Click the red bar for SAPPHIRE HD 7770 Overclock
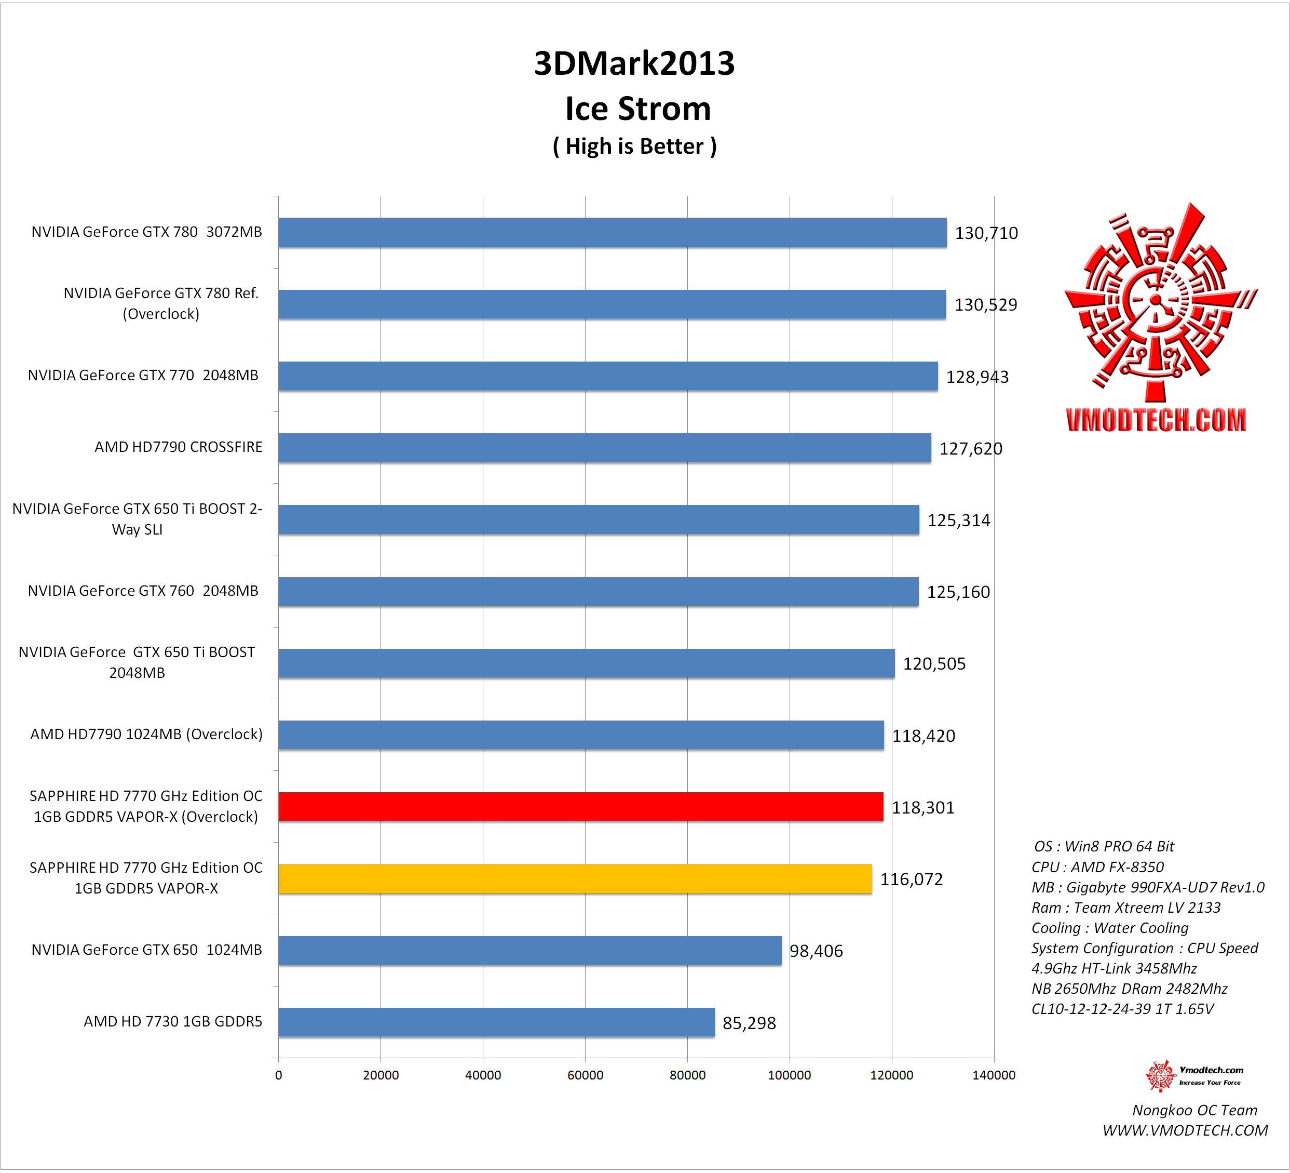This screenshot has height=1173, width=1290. pyautogui.click(x=580, y=807)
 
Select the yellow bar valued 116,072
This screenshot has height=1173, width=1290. pyautogui.click(x=575, y=878)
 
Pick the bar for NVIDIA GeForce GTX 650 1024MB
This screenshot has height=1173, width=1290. pyautogui.click(x=530, y=950)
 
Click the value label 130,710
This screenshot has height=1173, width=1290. pyautogui.click(x=986, y=233)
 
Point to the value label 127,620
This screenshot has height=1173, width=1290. pyautogui.click(x=971, y=449)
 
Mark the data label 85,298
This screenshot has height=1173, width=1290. pyautogui.click(x=749, y=1023)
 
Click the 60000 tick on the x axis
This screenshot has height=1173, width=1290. pyautogui.click(x=586, y=1075)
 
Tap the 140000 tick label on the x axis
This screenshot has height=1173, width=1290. pyautogui.click(x=994, y=1075)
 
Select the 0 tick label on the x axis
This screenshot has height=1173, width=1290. pyautogui.click(x=278, y=1075)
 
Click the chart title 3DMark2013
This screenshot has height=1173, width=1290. pyautogui.click(x=634, y=63)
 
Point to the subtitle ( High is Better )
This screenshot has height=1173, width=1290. pyautogui.click(x=634, y=146)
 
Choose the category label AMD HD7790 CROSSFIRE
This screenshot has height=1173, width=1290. pyautogui.click(x=179, y=447)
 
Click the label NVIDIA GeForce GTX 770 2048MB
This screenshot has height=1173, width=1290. pyautogui.click(x=143, y=375)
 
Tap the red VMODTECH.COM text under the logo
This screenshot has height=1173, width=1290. pyautogui.click(x=1156, y=420)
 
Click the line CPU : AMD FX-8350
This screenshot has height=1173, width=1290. pyautogui.click(x=1097, y=867)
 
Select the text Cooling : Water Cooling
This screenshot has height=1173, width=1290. pyautogui.click(x=1109, y=928)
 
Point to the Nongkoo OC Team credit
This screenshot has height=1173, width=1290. pyautogui.click(x=1194, y=1110)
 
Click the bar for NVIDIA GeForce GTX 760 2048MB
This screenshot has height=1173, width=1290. pyautogui.click(x=599, y=592)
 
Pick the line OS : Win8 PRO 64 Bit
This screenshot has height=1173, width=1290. pyautogui.click(x=1104, y=846)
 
